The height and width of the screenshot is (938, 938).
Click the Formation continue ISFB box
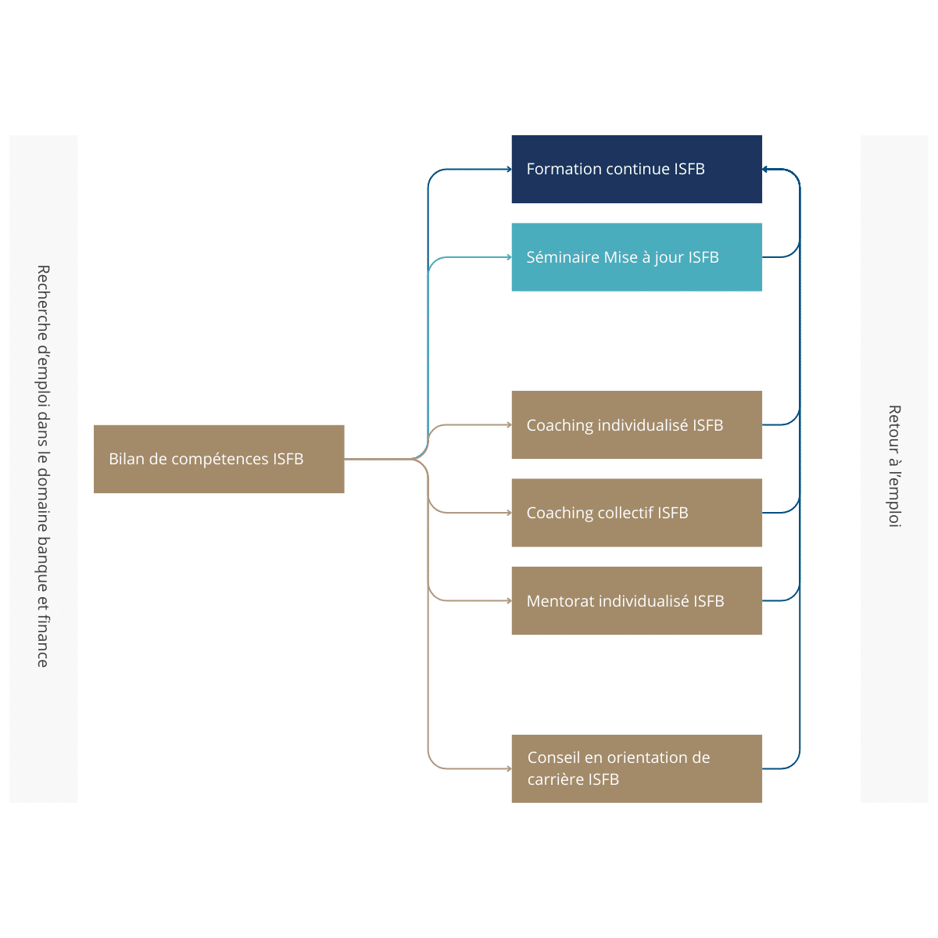point(636,169)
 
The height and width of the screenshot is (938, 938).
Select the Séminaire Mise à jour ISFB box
point(636,257)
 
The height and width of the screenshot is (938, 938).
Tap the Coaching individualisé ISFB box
point(636,424)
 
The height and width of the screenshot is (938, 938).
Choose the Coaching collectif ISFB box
point(636,513)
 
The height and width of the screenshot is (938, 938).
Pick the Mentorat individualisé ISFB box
point(636,600)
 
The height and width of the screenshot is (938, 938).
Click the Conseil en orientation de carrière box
point(636,768)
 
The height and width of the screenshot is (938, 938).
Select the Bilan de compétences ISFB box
point(219,459)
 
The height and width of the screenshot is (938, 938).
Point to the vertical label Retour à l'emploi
point(894,466)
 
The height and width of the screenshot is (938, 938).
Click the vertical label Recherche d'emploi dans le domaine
point(43,466)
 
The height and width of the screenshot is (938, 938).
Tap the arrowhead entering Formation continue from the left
point(509,170)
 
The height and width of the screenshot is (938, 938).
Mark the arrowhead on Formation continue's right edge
point(764,170)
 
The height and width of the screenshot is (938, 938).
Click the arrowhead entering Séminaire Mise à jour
point(509,257)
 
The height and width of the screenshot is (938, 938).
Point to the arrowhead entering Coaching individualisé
point(509,425)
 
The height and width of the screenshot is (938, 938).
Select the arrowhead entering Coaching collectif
point(509,513)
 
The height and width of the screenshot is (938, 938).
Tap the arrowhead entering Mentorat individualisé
point(509,600)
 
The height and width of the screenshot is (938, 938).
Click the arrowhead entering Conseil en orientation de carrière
point(509,768)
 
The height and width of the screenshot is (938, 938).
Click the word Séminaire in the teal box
point(562,257)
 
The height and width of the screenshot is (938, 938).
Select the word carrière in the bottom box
point(556,779)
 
